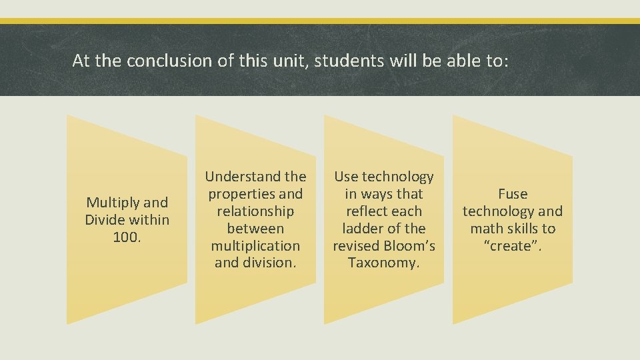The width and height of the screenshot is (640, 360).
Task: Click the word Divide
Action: coord(105,219)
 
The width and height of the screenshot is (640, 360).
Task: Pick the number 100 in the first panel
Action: coord(125,237)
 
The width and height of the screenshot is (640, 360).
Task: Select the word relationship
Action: coord(255,211)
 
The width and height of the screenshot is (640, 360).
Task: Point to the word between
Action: coord(255,229)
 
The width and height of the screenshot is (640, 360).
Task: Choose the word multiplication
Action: coord(255,246)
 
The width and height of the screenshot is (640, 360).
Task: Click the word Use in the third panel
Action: coord(346,177)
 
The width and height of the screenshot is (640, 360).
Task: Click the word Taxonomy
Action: coord(384,263)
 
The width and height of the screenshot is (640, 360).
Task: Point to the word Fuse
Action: coord(513,194)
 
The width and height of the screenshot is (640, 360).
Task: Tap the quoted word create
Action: coord(513,246)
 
